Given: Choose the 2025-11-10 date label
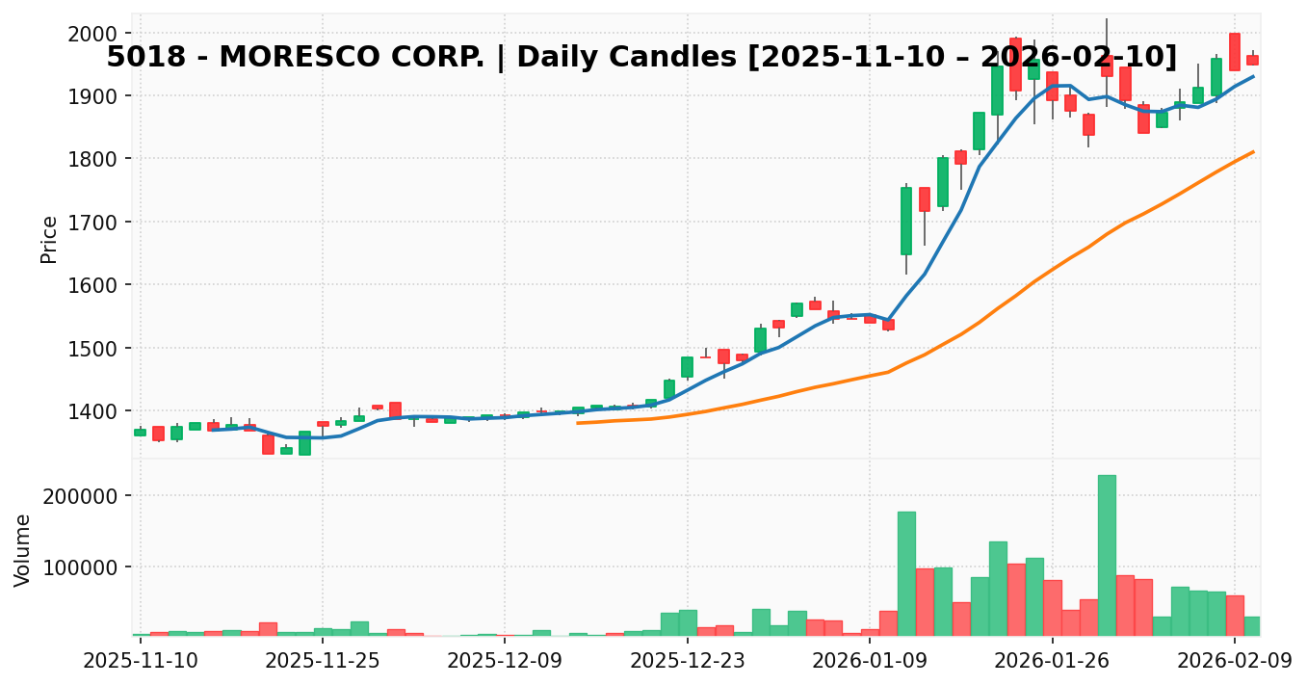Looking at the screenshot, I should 141,661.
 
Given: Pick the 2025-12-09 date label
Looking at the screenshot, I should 505,661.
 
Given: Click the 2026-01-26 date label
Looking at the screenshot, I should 1052,661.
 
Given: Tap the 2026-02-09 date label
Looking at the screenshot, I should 1235,661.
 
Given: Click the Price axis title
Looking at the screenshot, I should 49,239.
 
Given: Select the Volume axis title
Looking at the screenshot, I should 23,549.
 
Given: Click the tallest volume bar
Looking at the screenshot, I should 1107,555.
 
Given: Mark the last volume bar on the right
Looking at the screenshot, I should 1252,626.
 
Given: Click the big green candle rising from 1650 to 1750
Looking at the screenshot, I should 906,221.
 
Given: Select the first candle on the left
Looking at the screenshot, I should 141,433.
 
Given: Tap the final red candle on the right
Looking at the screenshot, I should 1252,60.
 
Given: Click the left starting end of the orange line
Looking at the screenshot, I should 578,423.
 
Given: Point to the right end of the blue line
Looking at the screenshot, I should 1253,76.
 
